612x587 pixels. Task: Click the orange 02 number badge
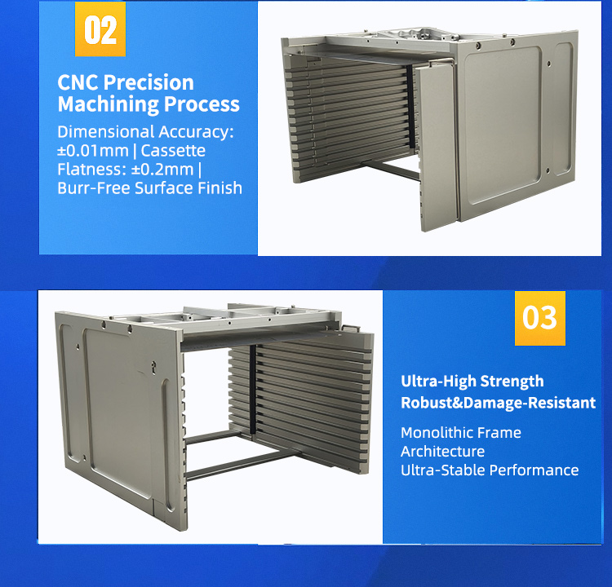click(100, 30)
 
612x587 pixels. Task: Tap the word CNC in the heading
click(78, 83)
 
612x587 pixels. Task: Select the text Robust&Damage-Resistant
click(498, 403)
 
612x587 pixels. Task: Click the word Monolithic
click(437, 432)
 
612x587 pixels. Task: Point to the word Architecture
click(442, 451)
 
